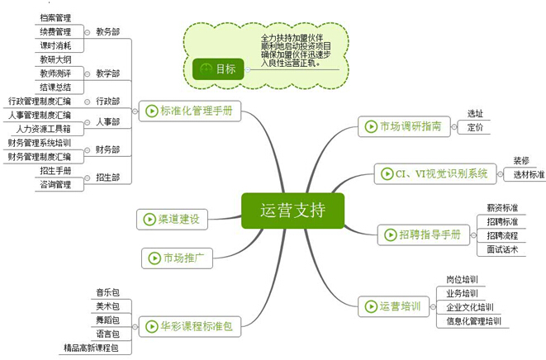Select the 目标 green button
click(x=220, y=69)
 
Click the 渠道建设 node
click(x=173, y=219)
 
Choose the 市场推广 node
click(x=178, y=258)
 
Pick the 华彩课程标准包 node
click(x=188, y=326)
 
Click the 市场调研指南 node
click(x=405, y=126)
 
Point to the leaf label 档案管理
click(x=55, y=17)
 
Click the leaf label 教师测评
click(x=55, y=73)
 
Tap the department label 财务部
click(x=107, y=149)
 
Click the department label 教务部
click(x=107, y=31)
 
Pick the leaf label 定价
click(x=475, y=127)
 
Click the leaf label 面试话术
click(x=502, y=249)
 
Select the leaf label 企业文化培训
click(x=470, y=307)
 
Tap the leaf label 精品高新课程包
click(x=91, y=348)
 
